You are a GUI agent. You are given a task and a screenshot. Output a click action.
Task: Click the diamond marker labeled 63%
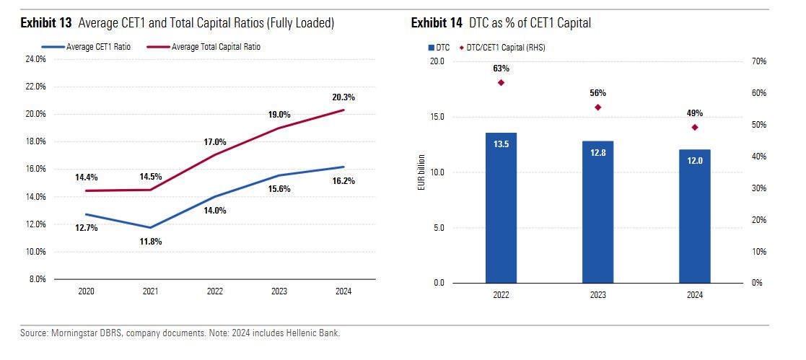point(501,82)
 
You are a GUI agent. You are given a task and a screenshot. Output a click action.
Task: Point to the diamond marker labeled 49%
point(695,128)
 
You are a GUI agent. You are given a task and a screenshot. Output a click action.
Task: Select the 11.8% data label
point(150,241)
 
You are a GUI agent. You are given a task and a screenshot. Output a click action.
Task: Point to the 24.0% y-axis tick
point(36,60)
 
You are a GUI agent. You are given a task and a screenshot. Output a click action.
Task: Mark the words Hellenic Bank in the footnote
point(314,333)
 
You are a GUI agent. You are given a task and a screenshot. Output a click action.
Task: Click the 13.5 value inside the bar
point(501,144)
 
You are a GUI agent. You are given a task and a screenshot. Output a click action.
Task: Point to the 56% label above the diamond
point(597,93)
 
